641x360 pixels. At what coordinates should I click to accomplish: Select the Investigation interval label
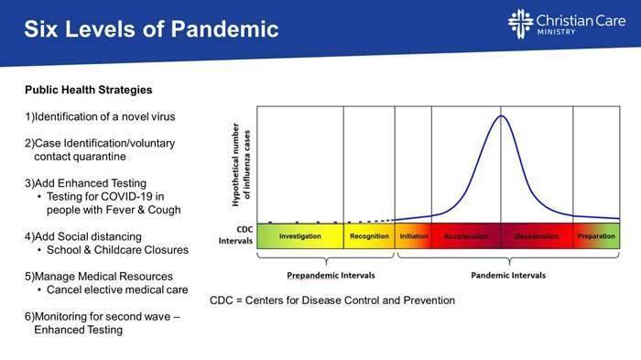[299, 236]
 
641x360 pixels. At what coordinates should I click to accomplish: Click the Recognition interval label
[369, 236]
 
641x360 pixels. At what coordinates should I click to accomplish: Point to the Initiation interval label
[414, 236]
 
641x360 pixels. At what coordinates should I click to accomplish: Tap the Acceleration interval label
[465, 236]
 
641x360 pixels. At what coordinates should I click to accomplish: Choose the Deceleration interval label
[536, 236]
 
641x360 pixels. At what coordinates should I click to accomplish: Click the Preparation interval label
[597, 236]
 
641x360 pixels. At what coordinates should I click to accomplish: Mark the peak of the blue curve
[501, 116]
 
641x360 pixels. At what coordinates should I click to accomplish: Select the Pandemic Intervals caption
[508, 275]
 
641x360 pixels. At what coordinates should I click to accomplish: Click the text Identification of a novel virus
[101, 117]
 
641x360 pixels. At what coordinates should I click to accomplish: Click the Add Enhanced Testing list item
[85, 183]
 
